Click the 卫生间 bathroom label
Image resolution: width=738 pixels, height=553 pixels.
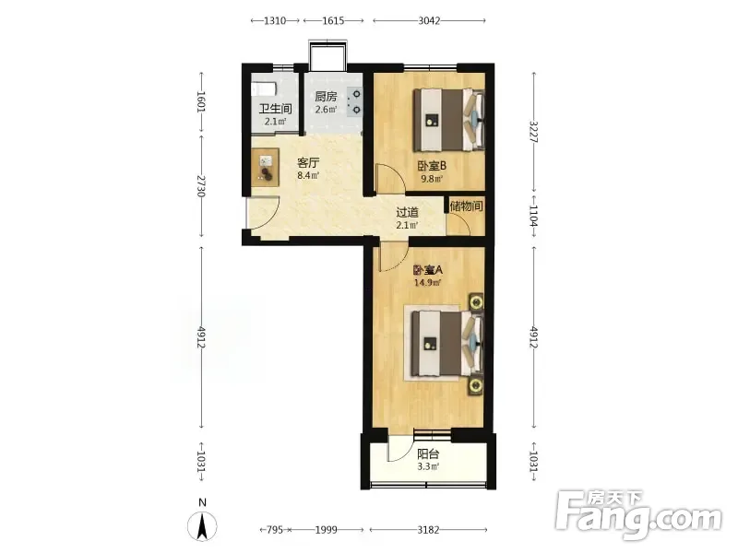click(x=275, y=109)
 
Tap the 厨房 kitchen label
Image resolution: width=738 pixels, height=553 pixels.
click(x=326, y=97)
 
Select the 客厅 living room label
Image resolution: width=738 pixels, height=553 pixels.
click(x=308, y=163)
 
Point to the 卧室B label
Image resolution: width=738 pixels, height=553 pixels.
click(x=432, y=166)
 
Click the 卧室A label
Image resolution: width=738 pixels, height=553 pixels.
click(x=428, y=270)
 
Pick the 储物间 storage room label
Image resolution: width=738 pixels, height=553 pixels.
click(x=466, y=206)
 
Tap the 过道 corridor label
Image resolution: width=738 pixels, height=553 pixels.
click(x=407, y=212)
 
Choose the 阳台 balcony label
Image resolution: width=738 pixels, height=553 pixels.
click(x=428, y=453)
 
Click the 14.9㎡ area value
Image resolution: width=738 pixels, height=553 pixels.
click(x=427, y=283)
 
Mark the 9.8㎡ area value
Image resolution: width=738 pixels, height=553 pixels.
click(x=432, y=179)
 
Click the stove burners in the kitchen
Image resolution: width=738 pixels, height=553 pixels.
click(x=354, y=102)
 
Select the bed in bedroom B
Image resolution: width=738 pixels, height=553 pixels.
click(x=449, y=120)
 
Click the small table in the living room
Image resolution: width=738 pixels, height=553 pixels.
click(x=265, y=167)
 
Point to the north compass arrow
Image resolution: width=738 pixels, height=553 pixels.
click(x=202, y=526)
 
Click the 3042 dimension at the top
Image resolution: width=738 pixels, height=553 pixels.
click(x=429, y=20)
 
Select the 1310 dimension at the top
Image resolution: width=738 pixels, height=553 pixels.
click(x=275, y=20)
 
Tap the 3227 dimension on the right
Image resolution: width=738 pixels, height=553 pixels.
click(x=534, y=132)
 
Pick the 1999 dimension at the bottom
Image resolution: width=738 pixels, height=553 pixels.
click(x=327, y=530)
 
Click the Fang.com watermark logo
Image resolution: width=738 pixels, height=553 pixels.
click(x=638, y=516)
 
